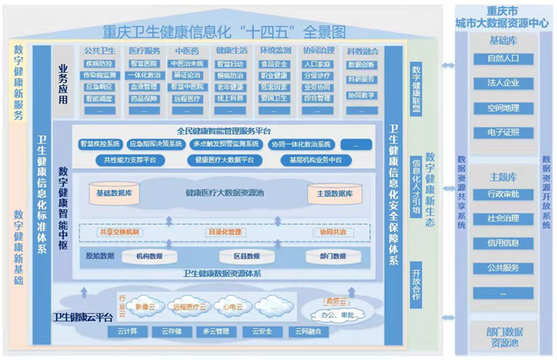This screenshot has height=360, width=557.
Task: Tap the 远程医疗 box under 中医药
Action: point(187,99)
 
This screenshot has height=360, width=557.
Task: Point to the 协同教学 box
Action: point(361,94)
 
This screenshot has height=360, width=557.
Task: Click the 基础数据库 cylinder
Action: point(119,193)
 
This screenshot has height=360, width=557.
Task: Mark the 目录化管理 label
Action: point(223,232)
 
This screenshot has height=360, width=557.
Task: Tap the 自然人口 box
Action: point(503,58)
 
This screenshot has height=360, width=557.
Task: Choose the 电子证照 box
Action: point(503,132)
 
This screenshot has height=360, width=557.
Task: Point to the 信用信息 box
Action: point(503,242)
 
